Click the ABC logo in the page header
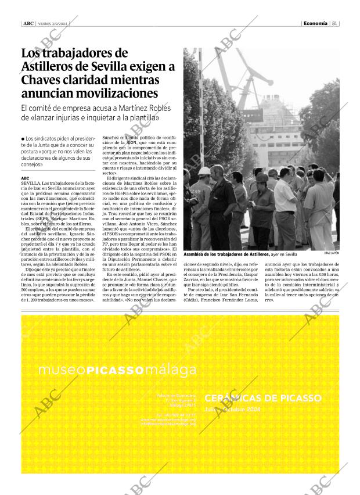[x=27, y=23]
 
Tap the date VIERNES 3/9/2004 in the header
[x=53, y=24]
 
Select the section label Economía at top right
[x=316, y=23]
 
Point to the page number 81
[x=335, y=23]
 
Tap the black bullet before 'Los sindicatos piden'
[x=23, y=139]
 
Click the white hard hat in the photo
[x=204, y=171]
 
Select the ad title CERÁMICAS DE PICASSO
[x=262, y=398]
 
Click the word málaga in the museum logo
[x=171, y=371]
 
